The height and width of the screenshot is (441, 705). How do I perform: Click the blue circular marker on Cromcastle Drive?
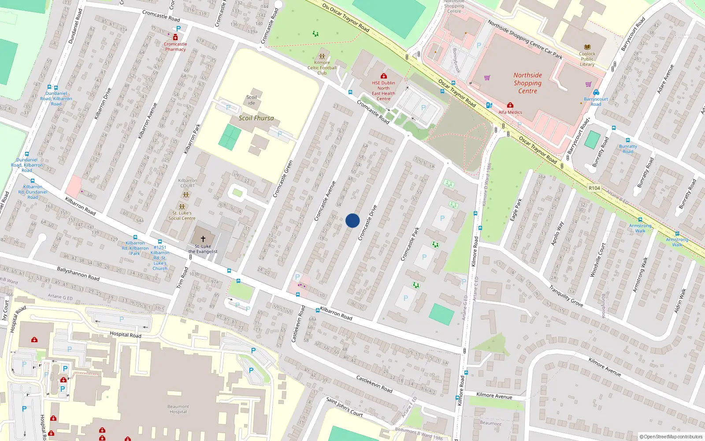tap(352, 220)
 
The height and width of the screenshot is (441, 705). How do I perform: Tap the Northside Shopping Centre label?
tap(527, 83)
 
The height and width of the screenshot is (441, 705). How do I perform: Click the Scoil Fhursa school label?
tap(256, 118)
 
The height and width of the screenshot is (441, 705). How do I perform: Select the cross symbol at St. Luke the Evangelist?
tap(203, 239)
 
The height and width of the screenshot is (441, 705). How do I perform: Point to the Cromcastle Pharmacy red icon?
tap(175, 38)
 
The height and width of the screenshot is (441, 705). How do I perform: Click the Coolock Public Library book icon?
tap(587, 47)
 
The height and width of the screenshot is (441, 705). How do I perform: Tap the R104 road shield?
tap(594, 188)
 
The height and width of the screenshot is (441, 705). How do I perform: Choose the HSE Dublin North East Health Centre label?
tap(383, 91)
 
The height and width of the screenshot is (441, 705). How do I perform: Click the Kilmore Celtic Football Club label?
tap(322, 67)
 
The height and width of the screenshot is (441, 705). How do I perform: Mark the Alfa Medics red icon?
tap(510, 105)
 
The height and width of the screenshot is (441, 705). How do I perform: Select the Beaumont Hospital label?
tap(178, 409)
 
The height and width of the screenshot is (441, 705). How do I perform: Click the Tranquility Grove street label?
tap(566, 295)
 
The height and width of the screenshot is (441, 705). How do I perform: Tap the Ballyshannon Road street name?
tap(78, 273)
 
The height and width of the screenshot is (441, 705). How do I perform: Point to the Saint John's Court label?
tap(344, 407)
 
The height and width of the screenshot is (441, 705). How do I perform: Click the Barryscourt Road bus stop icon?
tap(596, 93)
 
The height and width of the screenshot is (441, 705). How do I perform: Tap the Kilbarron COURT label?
tap(187, 183)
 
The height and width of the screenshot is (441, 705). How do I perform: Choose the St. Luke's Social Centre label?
tap(182, 215)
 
